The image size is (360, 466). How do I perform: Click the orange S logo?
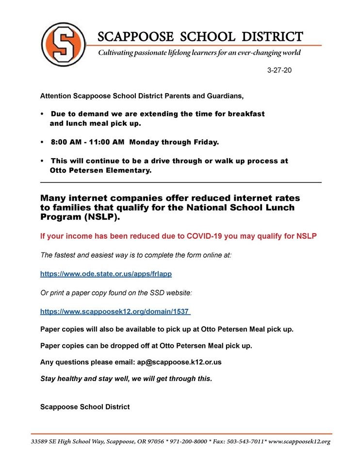click(61, 44)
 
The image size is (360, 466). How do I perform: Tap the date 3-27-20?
click(279, 70)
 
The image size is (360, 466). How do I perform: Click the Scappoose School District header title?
click(200, 36)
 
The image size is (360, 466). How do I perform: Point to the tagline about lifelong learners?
click(199, 52)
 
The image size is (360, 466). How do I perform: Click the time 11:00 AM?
click(105, 143)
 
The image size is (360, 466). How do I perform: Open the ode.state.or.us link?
click(106, 274)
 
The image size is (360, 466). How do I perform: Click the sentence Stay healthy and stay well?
click(126, 379)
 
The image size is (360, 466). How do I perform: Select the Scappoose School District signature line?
click(85, 407)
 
